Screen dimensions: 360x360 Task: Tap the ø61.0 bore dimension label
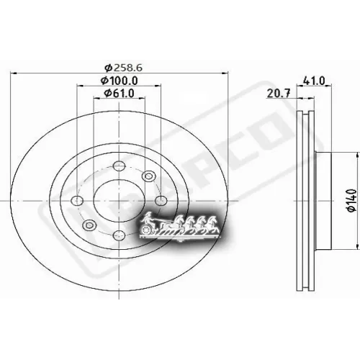click(x=120, y=94)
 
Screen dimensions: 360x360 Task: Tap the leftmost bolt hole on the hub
click(x=77, y=201)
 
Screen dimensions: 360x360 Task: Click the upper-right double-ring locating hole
click(x=148, y=176)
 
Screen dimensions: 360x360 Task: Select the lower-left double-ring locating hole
click(x=89, y=225)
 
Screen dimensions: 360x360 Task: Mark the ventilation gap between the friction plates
click(x=305, y=194)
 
